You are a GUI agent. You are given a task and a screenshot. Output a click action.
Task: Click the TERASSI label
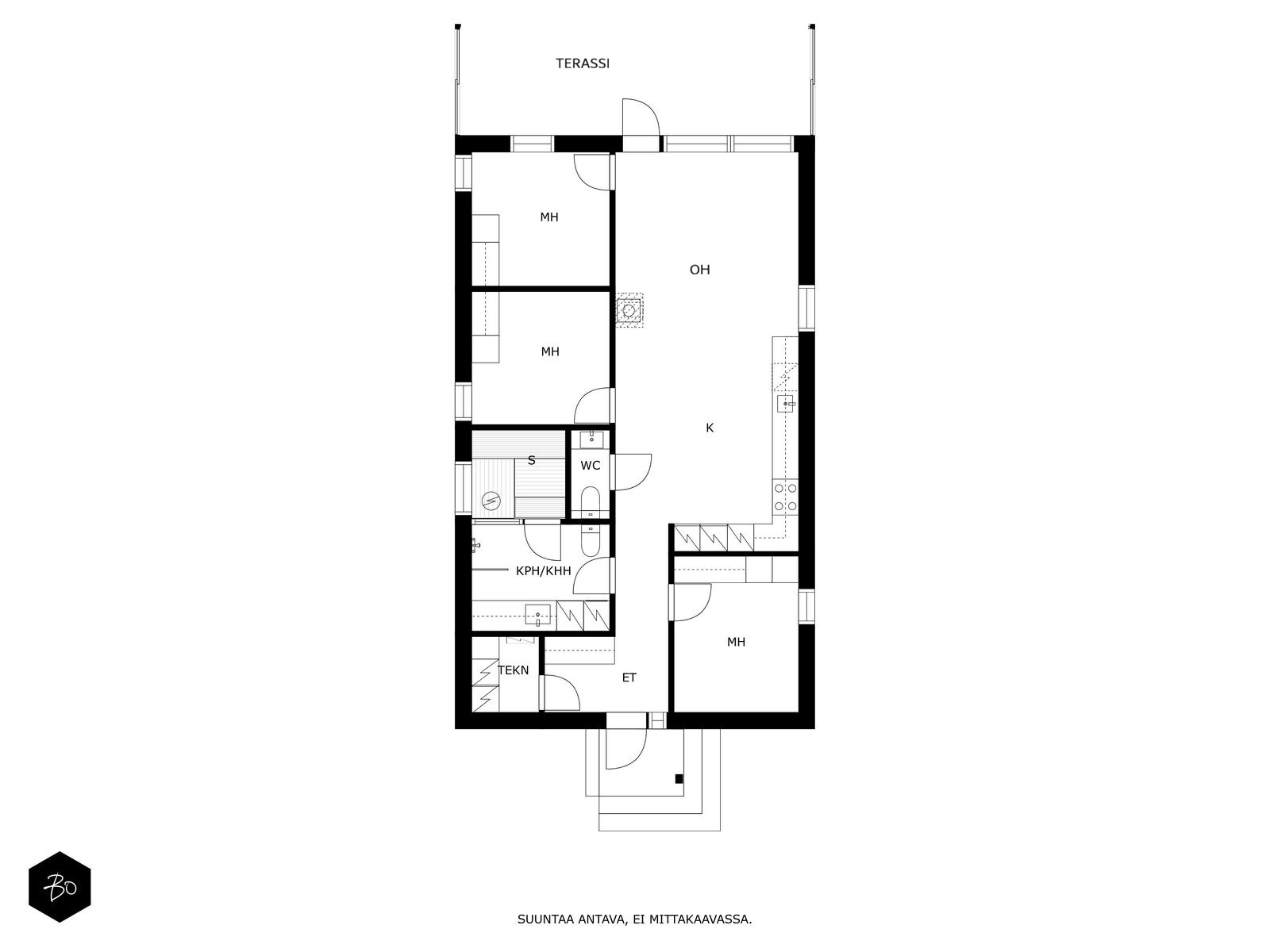tap(583, 63)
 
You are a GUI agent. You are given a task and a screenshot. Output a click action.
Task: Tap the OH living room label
tap(699, 270)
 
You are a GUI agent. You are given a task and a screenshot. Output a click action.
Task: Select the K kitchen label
tap(710, 428)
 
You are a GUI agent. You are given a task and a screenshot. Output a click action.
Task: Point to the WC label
tap(591, 466)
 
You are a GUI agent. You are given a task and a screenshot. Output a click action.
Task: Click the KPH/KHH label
tap(543, 570)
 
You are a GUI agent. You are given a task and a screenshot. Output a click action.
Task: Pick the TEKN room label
tap(513, 670)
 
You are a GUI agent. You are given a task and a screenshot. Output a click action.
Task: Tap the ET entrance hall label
tap(629, 678)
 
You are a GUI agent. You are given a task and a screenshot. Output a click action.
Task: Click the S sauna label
tap(531, 460)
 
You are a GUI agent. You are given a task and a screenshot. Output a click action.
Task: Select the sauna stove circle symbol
tap(491, 500)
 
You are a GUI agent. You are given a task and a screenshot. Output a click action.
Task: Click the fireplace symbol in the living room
tap(630, 309)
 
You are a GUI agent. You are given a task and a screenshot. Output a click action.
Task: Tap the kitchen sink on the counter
tap(787, 405)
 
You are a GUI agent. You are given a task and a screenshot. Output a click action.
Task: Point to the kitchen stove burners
tap(786, 497)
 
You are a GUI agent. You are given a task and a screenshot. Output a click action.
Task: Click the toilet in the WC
tap(591, 501)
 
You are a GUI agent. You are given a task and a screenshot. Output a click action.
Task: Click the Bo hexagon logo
tap(60, 886)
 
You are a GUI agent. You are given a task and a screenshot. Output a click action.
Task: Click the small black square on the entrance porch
tap(679, 778)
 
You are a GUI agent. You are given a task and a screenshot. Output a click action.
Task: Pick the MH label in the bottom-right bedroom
tap(736, 642)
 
